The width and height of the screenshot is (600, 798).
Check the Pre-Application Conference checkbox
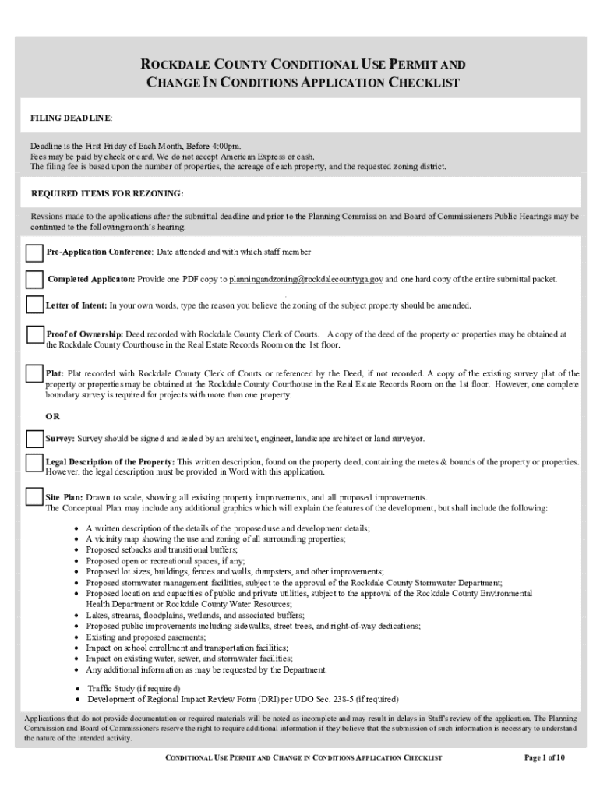pyautogui.click(x=34, y=253)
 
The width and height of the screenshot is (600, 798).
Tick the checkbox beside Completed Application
pyautogui.click(x=34, y=280)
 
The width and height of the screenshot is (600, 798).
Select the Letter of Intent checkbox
pyautogui.click(x=34, y=305)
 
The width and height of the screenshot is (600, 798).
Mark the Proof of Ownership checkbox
pyautogui.click(x=34, y=335)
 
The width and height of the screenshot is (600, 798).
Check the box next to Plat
pyautogui.click(x=34, y=375)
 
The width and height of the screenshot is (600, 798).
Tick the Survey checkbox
pyautogui.click(x=34, y=440)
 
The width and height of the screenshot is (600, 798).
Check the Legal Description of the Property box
pyautogui.click(x=34, y=463)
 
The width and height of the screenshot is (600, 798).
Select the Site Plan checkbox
pyautogui.click(x=34, y=497)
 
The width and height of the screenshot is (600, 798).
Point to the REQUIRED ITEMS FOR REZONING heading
pyautogui.click(x=107, y=193)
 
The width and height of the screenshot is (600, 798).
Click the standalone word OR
pyautogui.click(x=52, y=416)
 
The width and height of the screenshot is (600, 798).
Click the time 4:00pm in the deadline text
pyautogui.click(x=223, y=146)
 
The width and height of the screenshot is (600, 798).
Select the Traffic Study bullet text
pyautogui.click(x=132, y=688)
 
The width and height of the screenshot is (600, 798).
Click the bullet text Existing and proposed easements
pyautogui.click(x=140, y=637)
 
